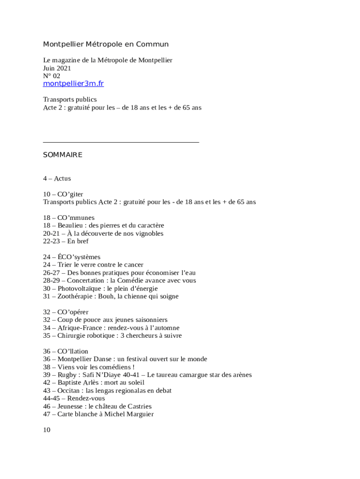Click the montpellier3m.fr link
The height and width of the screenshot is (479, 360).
pyautogui.click(x=73, y=84)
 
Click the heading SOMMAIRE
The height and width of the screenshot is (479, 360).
pyautogui.click(x=63, y=155)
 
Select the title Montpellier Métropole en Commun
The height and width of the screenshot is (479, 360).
pyautogui.click(x=106, y=44)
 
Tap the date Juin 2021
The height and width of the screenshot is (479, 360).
pyautogui.click(x=57, y=68)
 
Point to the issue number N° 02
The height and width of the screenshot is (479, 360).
pyautogui.click(x=52, y=76)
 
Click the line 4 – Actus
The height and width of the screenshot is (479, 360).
pyautogui.click(x=57, y=178)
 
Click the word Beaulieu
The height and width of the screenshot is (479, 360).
pyautogui.click(x=72, y=225)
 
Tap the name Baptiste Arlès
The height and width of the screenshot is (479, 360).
pyautogui.click(x=77, y=383)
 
